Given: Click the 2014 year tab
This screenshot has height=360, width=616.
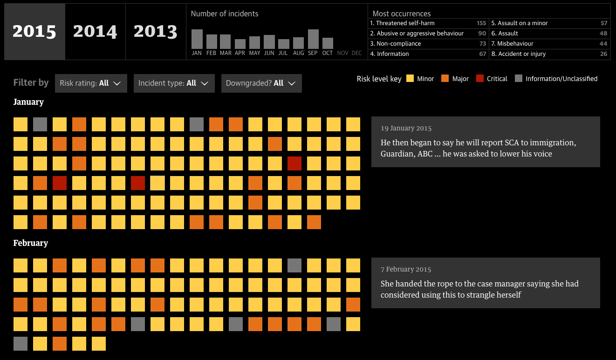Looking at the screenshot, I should click(95, 31).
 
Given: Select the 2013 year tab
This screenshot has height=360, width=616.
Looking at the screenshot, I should click(155, 31).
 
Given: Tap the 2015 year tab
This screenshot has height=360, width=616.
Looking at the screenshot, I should click(34, 31).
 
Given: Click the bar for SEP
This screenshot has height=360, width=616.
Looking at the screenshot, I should click(313, 39).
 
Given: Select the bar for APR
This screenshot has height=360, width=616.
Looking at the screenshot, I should click(240, 44).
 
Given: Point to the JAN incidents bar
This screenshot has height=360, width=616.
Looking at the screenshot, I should click(197, 39).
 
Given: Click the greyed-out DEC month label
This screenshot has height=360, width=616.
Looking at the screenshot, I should click(356, 53).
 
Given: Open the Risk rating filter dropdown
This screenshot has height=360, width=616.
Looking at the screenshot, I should click(91, 83).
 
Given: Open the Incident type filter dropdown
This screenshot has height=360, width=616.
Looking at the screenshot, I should click(174, 83).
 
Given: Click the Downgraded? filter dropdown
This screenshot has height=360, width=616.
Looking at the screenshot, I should click(261, 83).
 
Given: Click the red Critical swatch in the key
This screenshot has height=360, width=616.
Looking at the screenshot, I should click(480, 79).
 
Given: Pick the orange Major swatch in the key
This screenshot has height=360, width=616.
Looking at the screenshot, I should click(444, 79).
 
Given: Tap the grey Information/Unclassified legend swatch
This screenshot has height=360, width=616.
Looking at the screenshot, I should click(519, 79).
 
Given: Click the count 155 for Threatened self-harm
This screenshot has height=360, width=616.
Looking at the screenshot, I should click(481, 23).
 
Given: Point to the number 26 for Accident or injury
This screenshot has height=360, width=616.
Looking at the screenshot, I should click(603, 54).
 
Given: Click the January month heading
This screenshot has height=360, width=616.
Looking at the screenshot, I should click(28, 102).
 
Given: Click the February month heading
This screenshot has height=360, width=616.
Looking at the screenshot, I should click(31, 243).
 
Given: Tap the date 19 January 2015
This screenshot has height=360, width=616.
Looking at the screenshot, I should click(406, 128).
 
